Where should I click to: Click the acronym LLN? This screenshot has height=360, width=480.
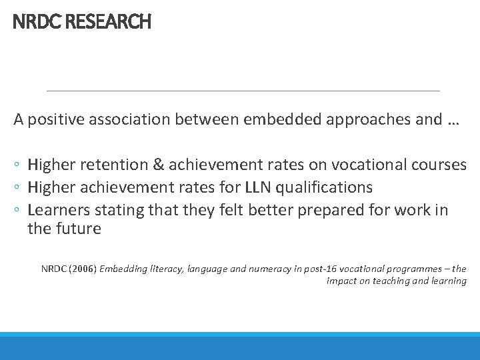coord(253,187)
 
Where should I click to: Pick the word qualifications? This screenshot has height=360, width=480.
coord(325,187)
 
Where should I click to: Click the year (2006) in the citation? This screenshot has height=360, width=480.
coord(82,269)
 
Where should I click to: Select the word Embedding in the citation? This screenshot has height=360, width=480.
coord(127,269)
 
